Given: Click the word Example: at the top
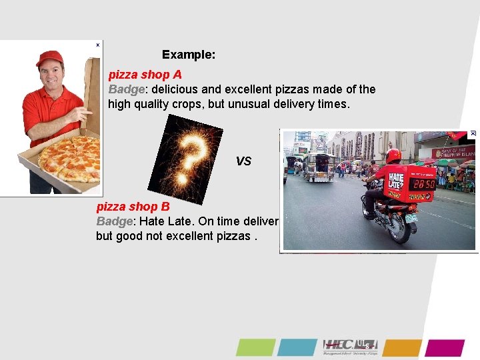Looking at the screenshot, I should click(188, 55).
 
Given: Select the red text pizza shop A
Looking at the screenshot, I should click(145, 75).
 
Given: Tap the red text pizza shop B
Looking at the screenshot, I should click(133, 207).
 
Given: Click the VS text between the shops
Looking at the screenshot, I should click(243, 161).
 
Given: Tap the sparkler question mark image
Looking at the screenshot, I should click(185, 159).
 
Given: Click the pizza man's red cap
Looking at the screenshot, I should click(49, 58).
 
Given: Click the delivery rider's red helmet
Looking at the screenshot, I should click(393, 155).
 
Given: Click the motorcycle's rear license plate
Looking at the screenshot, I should click(411, 217).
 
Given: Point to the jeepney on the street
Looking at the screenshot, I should click(319, 167).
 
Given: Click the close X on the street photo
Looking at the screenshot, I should click(473, 133).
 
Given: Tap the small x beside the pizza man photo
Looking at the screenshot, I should click(97, 45).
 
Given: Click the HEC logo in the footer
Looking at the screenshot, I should click(350, 347).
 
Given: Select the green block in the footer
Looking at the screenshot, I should click(255, 347).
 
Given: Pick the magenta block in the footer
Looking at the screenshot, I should click(445, 347).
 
